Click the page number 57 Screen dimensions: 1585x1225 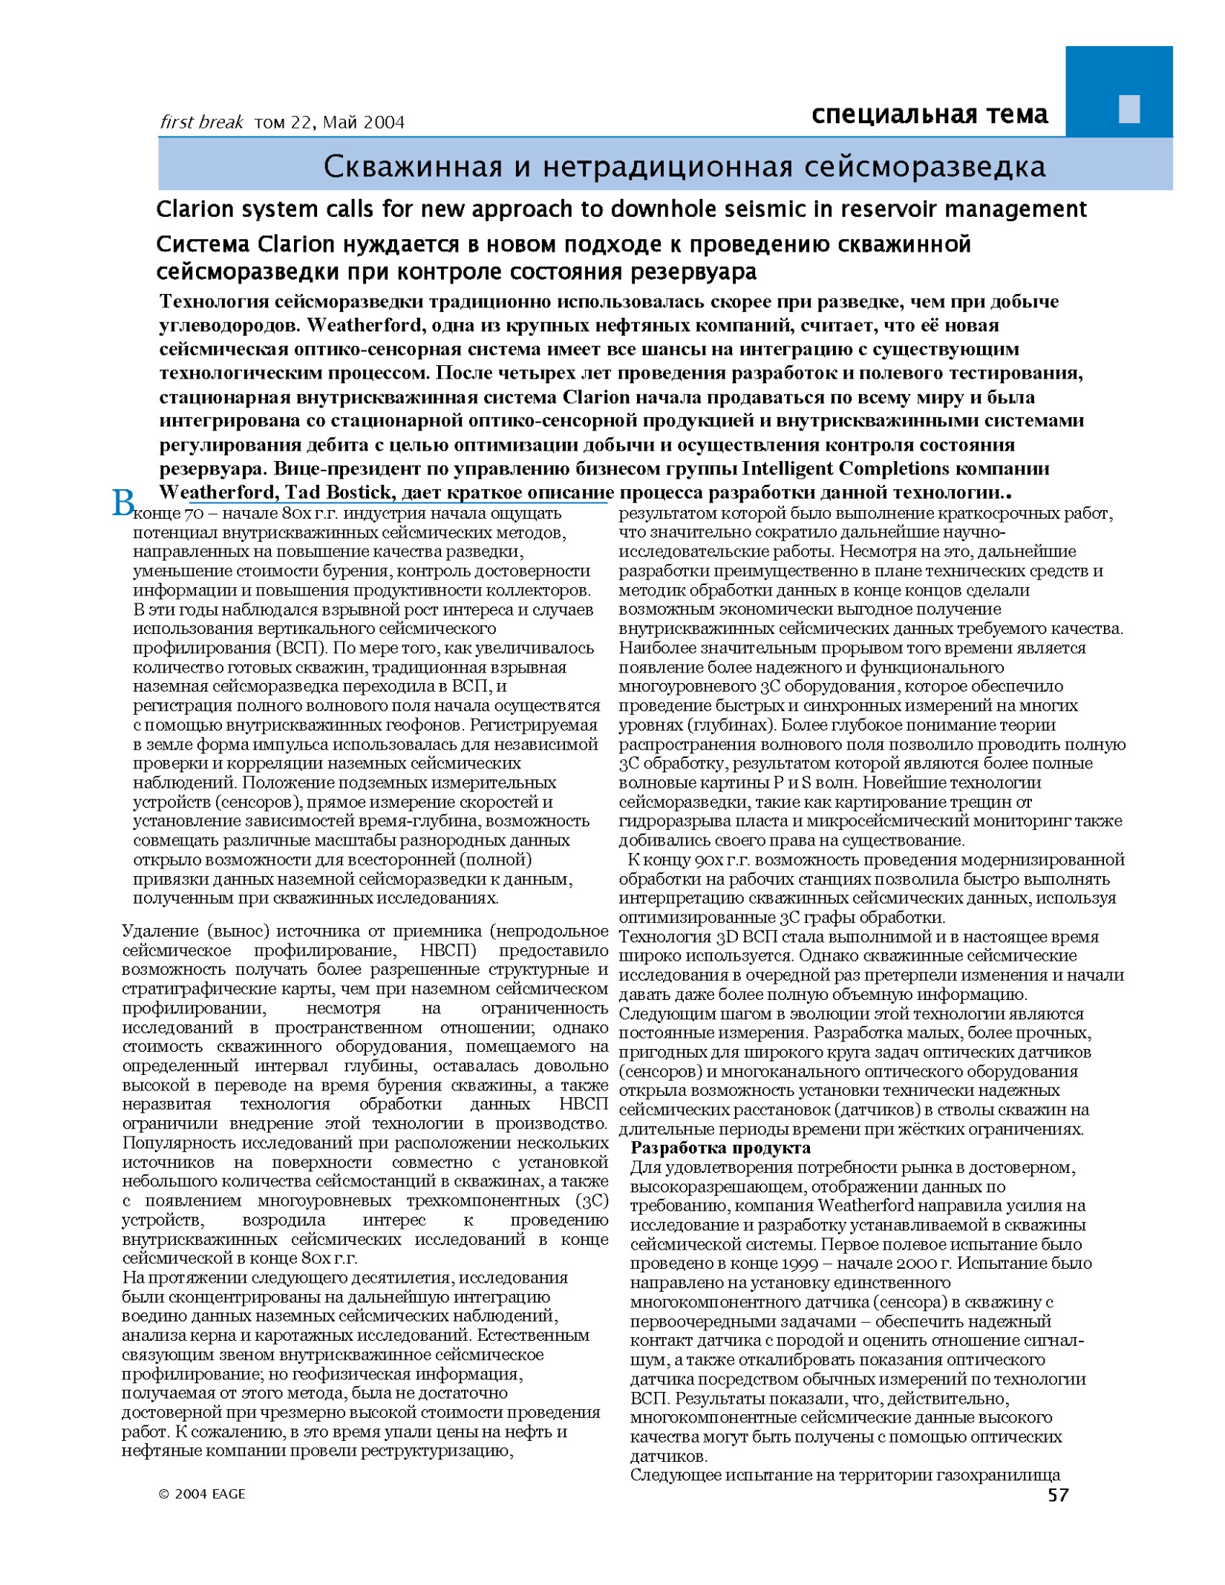(x=1058, y=1494)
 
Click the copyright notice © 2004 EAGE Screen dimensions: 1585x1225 (x=201, y=1494)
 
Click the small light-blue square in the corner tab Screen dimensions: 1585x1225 (x=1128, y=109)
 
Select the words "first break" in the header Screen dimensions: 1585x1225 (x=201, y=122)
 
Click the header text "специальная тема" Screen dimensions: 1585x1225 (x=930, y=114)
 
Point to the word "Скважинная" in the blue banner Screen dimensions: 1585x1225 (x=412, y=167)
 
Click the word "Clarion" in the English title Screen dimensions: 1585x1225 (x=192, y=209)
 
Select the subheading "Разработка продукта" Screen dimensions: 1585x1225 (x=720, y=1148)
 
